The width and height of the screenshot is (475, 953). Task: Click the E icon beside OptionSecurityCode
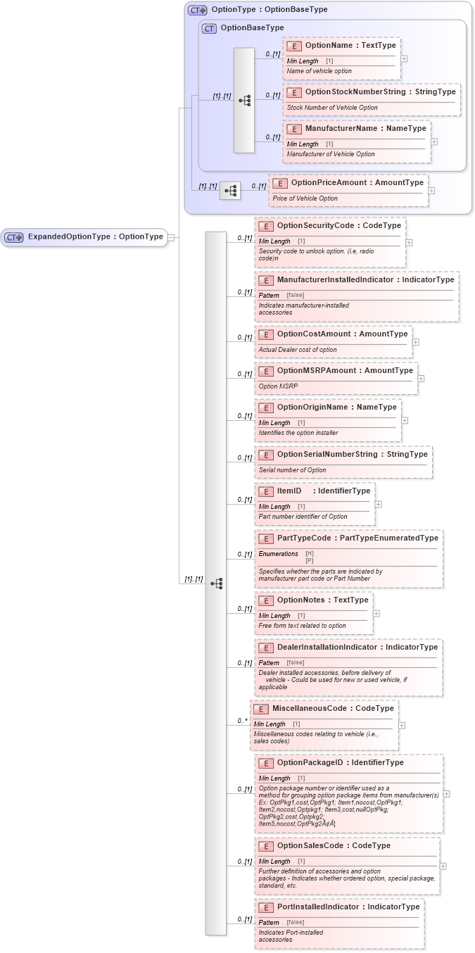[x=266, y=226]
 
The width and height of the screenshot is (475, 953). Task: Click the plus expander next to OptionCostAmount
[x=416, y=342]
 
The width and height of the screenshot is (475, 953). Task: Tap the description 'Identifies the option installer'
[x=298, y=433]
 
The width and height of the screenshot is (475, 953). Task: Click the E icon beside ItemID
[x=266, y=491]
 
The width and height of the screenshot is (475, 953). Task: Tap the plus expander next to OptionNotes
[x=376, y=613]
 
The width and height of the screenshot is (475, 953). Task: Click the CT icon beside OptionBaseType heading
[x=209, y=28]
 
